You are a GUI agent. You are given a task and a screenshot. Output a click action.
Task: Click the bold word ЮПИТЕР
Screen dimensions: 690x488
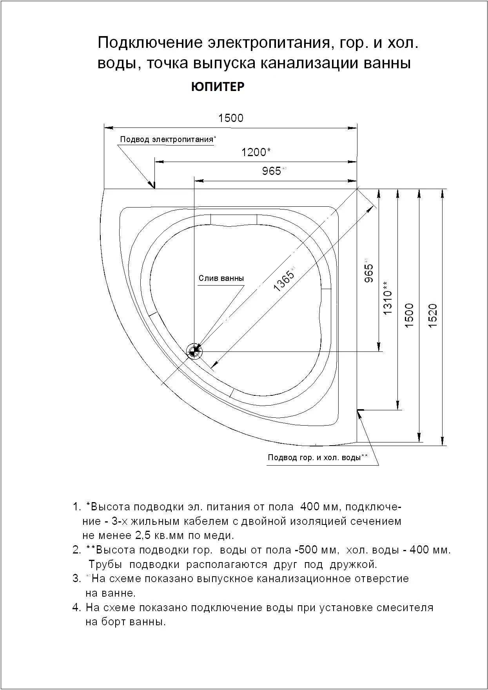[218, 87]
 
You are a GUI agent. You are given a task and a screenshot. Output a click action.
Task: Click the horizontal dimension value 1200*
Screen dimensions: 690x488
[256, 152]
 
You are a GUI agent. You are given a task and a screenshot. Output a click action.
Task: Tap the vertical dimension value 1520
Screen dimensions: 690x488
[432, 316]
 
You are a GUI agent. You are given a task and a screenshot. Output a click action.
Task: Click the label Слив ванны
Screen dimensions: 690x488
[221, 279]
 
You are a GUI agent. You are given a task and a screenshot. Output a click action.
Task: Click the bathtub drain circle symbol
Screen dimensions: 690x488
[194, 351]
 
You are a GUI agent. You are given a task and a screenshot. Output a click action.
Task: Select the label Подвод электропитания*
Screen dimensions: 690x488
[168, 139]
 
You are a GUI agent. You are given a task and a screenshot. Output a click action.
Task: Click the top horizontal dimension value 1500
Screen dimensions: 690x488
[230, 118]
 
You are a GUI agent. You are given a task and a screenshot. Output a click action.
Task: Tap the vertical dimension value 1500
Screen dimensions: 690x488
[409, 316]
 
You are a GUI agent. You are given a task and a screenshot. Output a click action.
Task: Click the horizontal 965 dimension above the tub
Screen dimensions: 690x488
[272, 171]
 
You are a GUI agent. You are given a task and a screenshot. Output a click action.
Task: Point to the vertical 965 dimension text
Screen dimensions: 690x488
[368, 273]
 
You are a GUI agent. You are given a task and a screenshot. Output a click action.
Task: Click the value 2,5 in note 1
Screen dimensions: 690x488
[143, 535]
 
